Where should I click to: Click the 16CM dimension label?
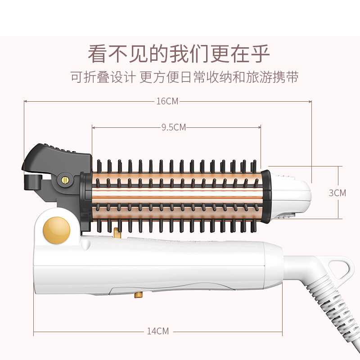(x=167, y=101)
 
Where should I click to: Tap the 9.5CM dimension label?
(x=174, y=127)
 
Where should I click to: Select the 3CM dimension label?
(x=337, y=193)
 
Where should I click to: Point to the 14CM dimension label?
(x=158, y=331)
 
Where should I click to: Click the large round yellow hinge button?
(x=57, y=230)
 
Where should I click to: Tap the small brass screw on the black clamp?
(x=65, y=180)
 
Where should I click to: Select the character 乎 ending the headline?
(x=260, y=54)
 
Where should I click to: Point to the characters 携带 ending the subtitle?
(x=286, y=77)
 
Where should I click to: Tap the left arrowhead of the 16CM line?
(x=25, y=101)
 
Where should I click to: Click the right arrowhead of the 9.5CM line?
(x=260, y=127)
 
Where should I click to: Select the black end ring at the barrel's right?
(x=266, y=197)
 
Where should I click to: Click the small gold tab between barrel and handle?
(x=117, y=233)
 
